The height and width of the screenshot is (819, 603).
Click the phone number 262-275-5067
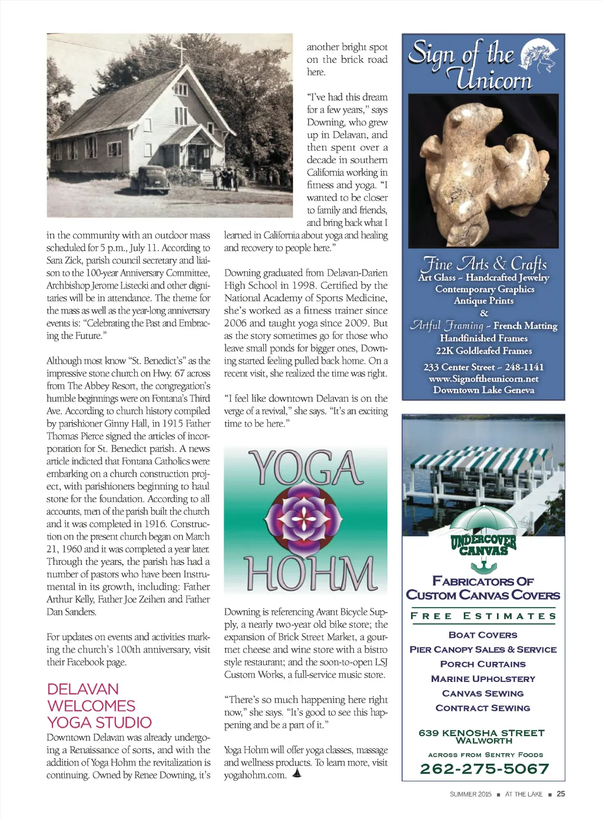tap(484, 769)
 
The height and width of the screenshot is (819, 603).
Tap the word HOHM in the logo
tap(309, 572)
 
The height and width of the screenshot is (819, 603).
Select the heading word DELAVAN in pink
tap(82, 689)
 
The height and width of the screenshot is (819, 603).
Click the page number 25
tap(561, 794)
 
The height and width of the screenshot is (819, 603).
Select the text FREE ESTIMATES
tap(483, 616)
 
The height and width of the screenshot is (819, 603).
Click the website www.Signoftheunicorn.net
tap(483, 378)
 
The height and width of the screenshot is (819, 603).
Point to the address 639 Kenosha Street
tap(482, 733)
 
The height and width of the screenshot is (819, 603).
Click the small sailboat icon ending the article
tap(296, 774)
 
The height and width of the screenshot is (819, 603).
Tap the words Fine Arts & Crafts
tap(484, 263)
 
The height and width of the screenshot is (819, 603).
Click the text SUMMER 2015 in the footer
tap(470, 794)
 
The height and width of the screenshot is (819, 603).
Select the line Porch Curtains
tap(483, 664)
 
